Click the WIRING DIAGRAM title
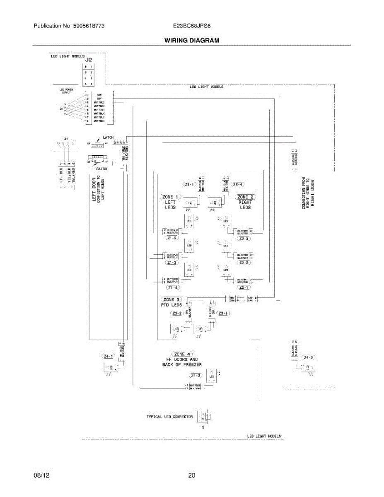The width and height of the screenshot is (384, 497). [x=191, y=41]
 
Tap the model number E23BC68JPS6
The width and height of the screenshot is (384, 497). [x=192, y=26]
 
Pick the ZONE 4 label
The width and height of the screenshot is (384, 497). [x=183, y=354]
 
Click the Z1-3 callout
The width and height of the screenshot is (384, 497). [x=171, y=263]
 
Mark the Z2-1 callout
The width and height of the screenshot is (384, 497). [x=244, y=287]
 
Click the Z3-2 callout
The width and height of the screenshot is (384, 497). [x=177, y=314]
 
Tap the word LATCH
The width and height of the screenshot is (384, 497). [x=108, y=138]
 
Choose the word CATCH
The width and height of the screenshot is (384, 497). [x=101, y=169]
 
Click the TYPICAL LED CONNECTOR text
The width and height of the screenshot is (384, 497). [x=169, y=417]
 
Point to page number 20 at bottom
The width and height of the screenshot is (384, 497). [x=191, y=475]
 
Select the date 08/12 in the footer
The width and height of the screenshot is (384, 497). [x=40, y=475]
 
